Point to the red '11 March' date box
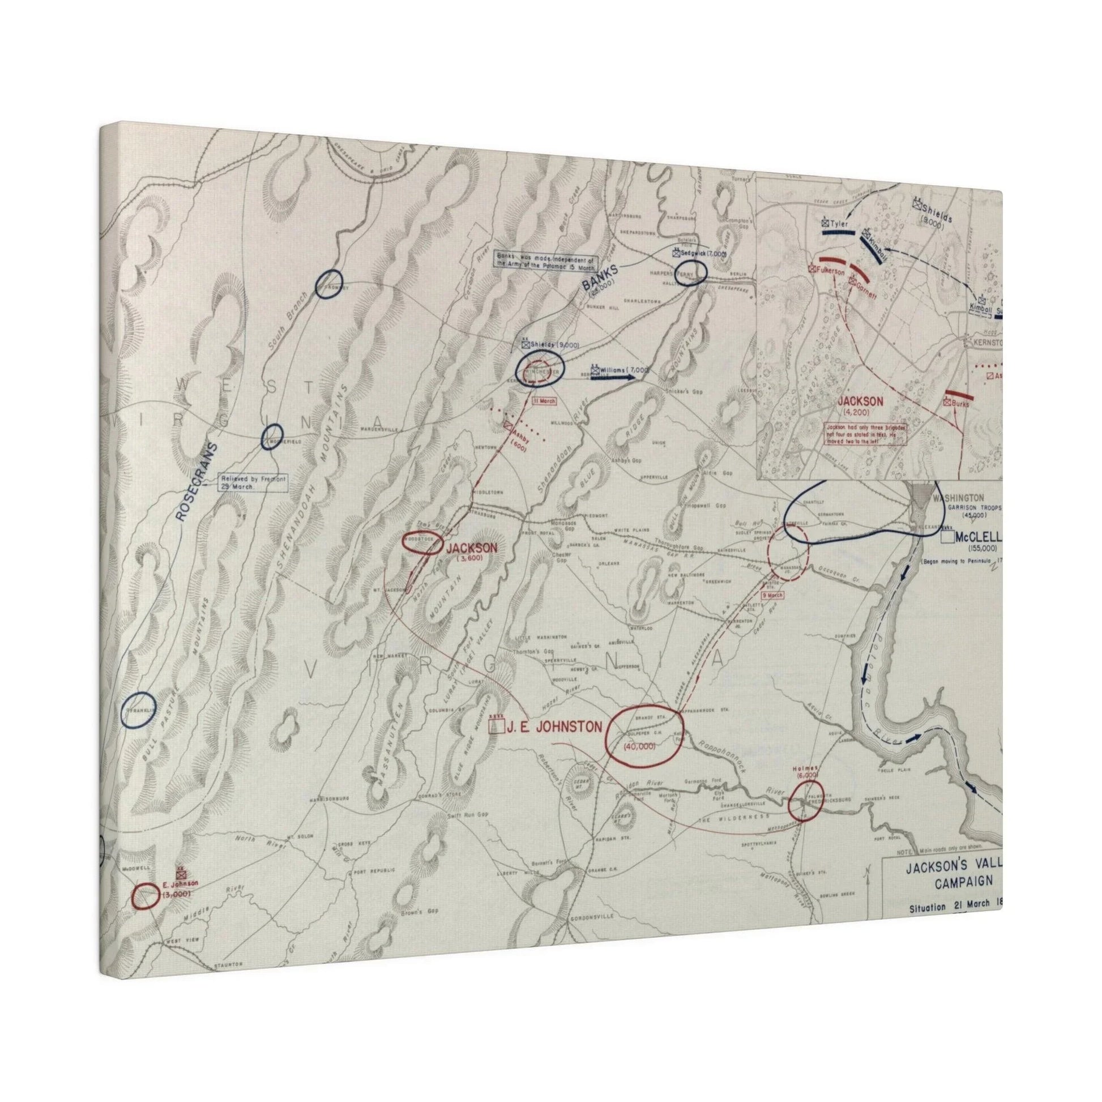543,401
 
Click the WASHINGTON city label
957,497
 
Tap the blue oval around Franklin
139,710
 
